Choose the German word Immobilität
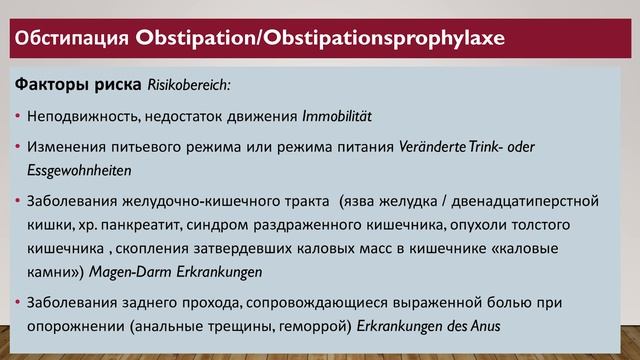coord(343,115)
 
